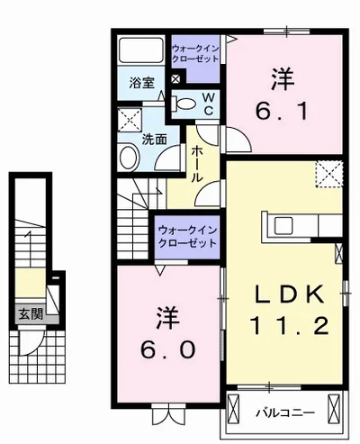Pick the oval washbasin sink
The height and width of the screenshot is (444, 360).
tap(127, 159)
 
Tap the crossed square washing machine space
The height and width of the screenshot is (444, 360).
tap(130, 120)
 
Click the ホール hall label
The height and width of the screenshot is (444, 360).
tap(197, 163)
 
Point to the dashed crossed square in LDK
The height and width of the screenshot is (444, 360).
tap(327, 172)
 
